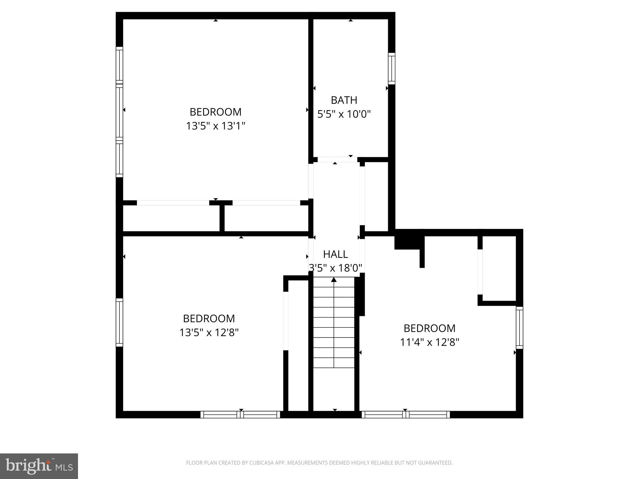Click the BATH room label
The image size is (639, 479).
(x=344, y=100)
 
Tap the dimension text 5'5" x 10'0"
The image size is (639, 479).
(x=344, y=114)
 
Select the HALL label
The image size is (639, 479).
(x=335, y=254)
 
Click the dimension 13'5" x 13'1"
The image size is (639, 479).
(x=216, y=126)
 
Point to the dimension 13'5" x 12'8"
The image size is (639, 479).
(x=209, y=332)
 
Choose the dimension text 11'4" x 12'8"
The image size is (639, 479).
(x=429, y=342)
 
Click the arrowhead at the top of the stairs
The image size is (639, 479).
(x=334, y=280)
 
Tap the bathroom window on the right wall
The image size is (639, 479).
(x=392, y=69)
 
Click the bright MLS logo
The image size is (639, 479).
(x=39, y=466)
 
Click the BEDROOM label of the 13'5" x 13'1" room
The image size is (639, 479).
(x=216, y=112)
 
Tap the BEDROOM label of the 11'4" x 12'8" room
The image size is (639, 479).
(x=429, y=328)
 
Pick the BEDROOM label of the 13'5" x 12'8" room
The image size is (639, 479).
(x=209, y=318)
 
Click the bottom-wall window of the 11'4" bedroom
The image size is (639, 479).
(x=406, y=414)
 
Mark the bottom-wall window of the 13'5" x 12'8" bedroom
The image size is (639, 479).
(x=240, y=414)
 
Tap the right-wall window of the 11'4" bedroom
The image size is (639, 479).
(x=519, y=327)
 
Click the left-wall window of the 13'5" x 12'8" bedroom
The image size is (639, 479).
(x=119, y=322)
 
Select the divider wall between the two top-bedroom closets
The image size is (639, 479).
(x=222, y=218)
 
